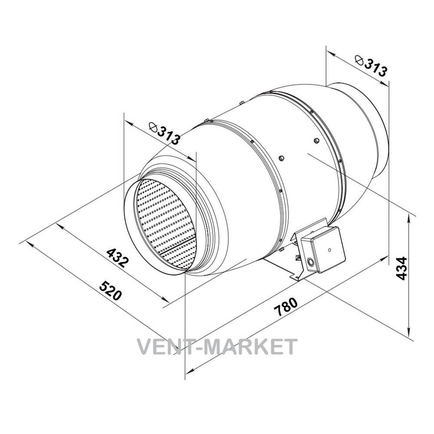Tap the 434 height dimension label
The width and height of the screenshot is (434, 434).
(401, 268)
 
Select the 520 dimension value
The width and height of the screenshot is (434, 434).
(110, 291)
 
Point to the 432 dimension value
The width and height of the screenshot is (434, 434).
(118, 258)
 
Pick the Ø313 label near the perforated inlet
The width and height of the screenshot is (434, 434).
(164, 133)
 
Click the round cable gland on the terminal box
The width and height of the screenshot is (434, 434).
(310, 262)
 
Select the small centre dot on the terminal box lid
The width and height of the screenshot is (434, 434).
(329, 250)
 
